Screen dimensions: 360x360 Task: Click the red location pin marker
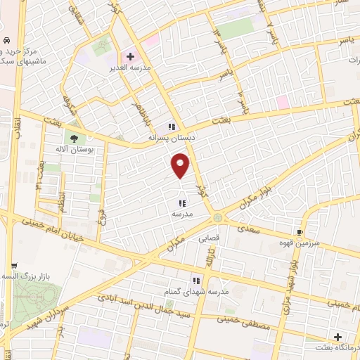(x=181, y=165)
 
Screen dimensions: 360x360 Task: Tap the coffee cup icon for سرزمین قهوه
(x=300, y=231)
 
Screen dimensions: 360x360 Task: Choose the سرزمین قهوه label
(x=290, y=243)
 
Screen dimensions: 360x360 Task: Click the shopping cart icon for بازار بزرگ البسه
(x=14, y=266)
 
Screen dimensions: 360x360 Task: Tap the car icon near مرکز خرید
(x=6, y=40)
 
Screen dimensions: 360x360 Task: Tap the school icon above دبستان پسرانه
(x=171, y=127)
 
